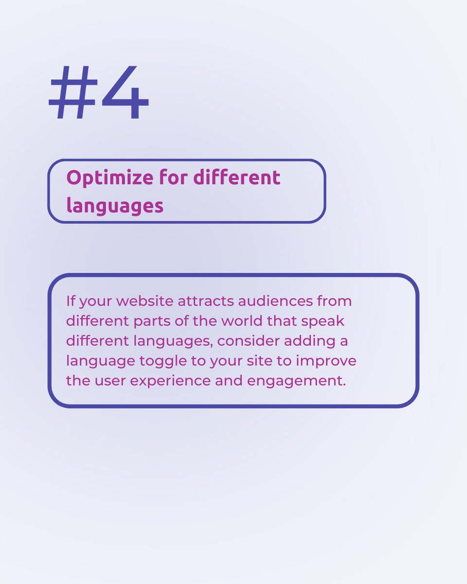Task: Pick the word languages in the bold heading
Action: tap(115, 206)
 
